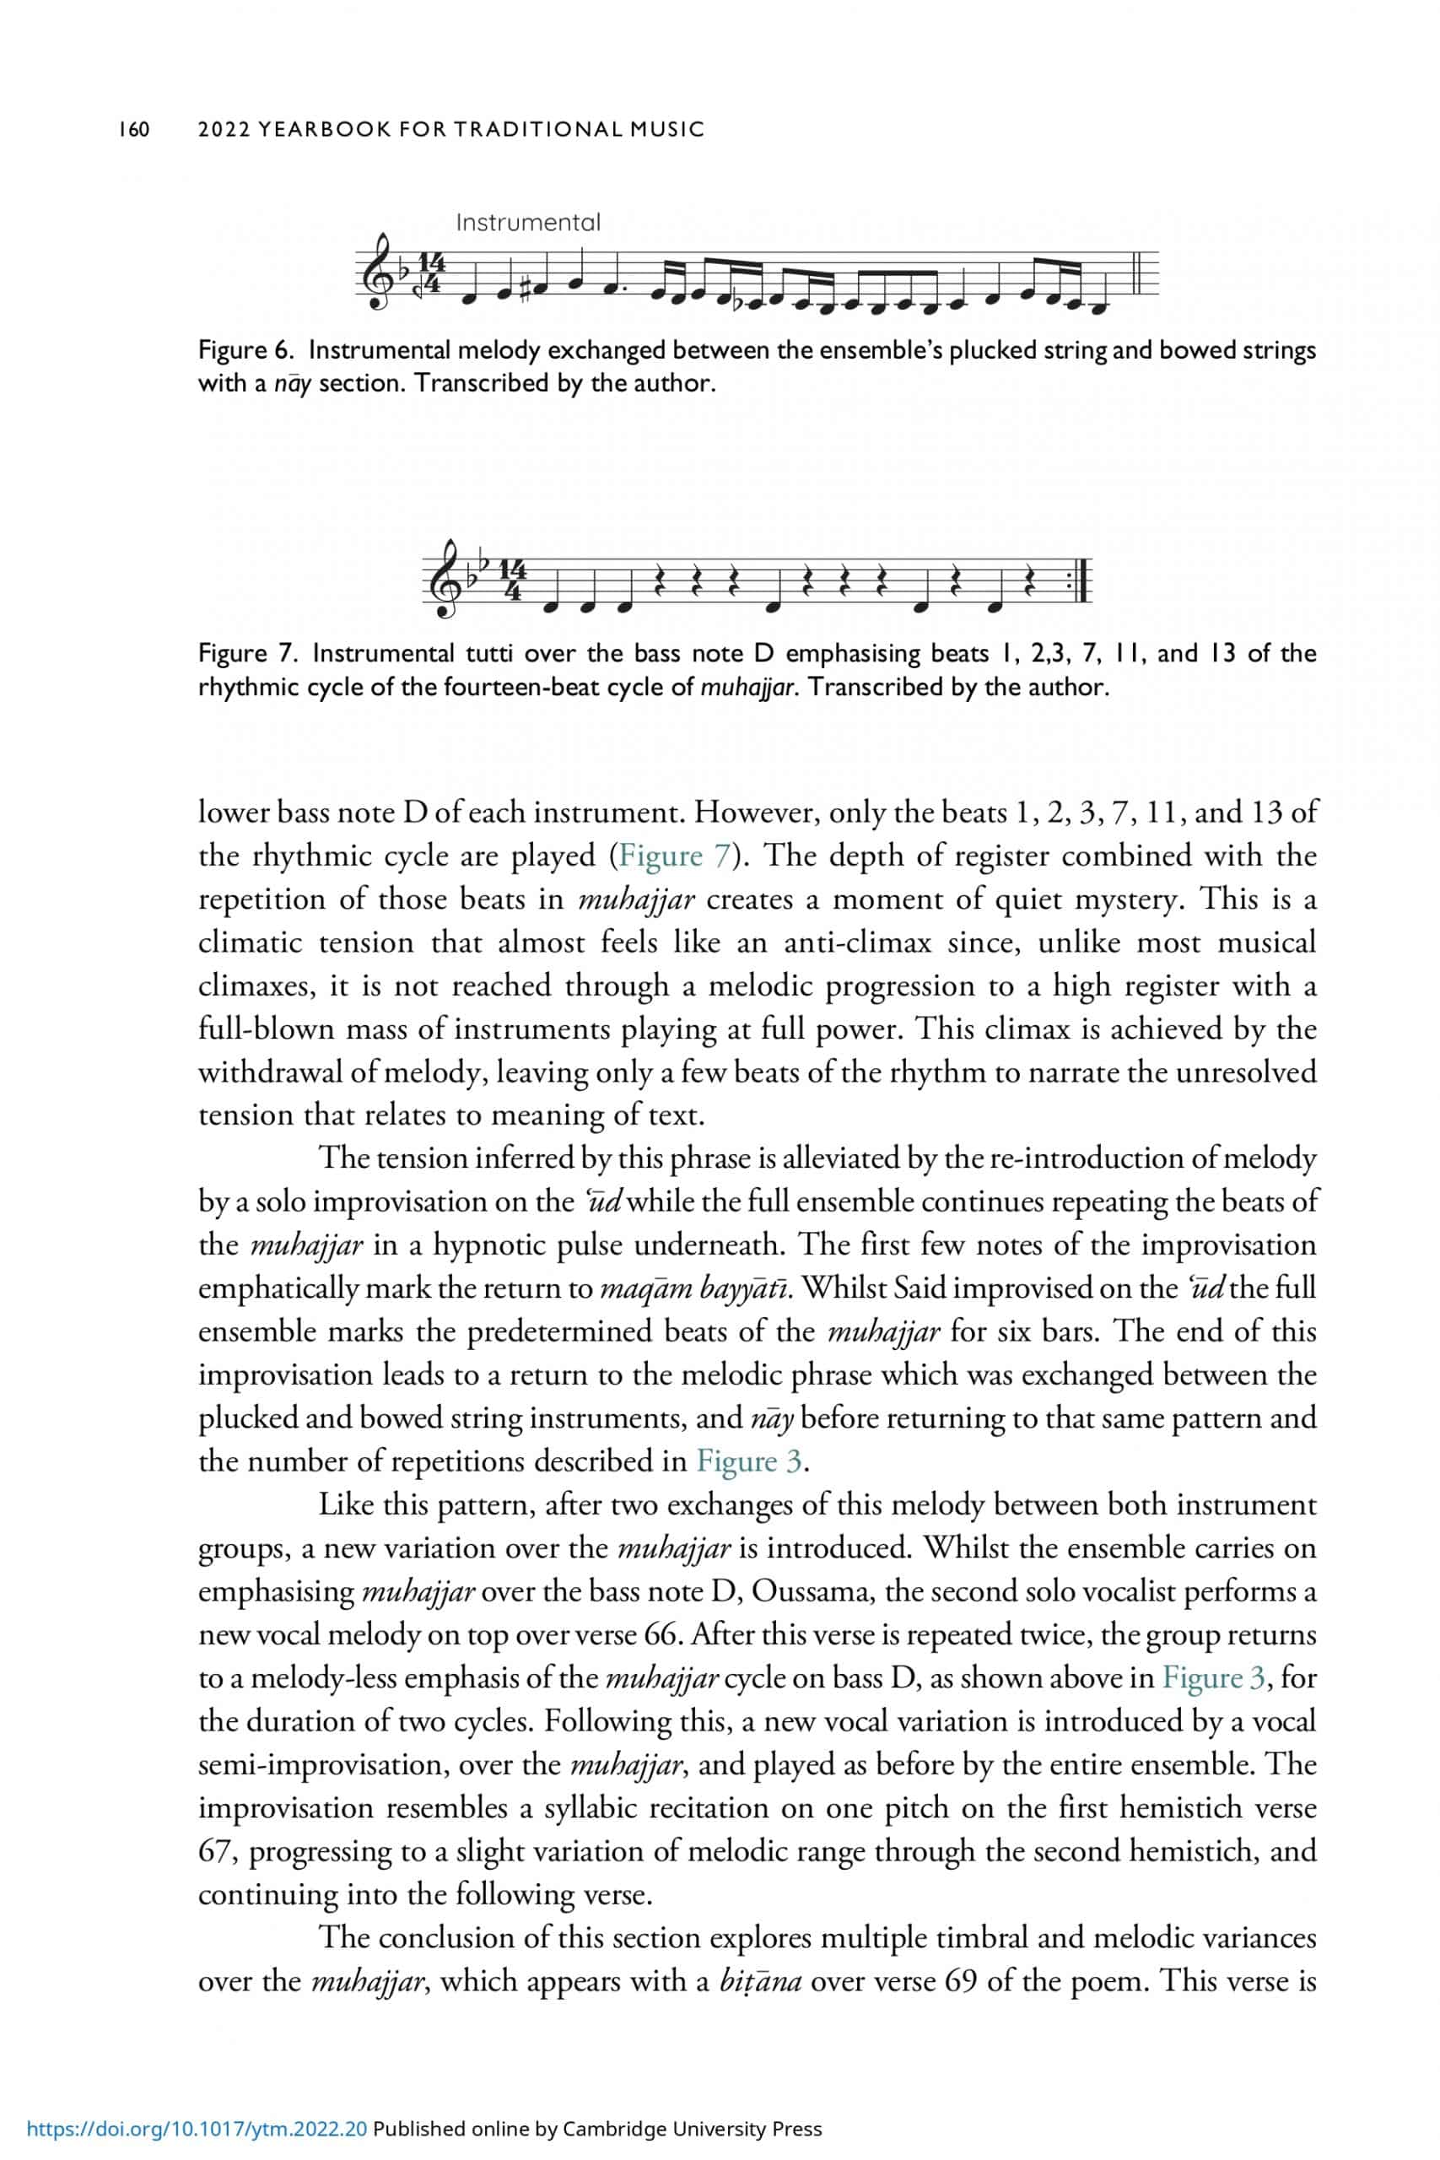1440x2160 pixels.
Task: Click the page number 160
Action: [134, 129]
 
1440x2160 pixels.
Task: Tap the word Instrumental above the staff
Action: [528, 222]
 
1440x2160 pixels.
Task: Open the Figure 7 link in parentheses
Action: [674, 856]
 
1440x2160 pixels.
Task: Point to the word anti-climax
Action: [858, 942]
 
